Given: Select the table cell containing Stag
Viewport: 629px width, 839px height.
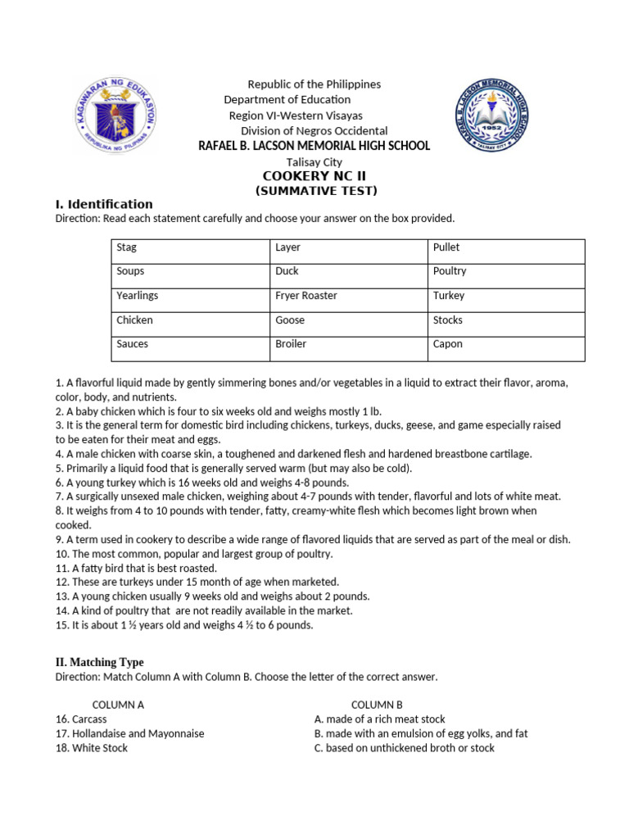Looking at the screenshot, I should click(x=191, y=247).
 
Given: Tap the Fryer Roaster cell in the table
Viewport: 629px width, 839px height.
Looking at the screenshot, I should click(x=349, y=296).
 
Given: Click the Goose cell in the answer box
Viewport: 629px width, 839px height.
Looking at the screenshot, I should click(x=349, y=320).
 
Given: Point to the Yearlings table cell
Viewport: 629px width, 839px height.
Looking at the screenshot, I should click(x=191, y=296).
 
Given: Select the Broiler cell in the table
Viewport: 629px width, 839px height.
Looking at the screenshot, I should click(x=349, y=345).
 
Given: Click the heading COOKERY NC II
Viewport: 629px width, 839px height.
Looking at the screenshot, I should click(x=315, y=176).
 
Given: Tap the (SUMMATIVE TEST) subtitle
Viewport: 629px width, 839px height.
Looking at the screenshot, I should click(x=315, y=191).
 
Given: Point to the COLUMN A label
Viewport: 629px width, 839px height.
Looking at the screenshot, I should click(x=118, y=705).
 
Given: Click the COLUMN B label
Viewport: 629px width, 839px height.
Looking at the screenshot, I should click(x=377, y=705).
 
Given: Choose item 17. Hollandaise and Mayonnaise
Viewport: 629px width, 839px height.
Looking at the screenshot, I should click(x=129, y=733).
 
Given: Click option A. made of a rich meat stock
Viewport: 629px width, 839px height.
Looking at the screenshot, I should click(x=379, y=719).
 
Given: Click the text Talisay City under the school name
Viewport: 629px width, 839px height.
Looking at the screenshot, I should click(x=314, y=162).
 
